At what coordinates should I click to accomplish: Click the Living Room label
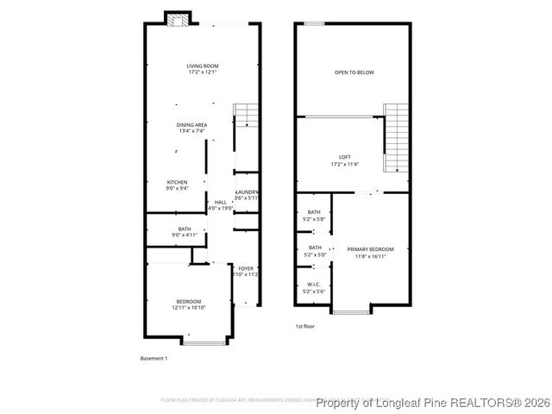[x=204, y=69]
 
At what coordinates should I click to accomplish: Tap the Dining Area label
[x=192, y=128]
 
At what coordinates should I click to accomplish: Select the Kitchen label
[x=177, y=185]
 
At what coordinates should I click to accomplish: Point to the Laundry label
[x=247, y=194]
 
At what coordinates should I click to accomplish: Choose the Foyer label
[x=247, y=271]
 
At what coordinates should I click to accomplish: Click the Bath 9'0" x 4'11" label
[x=185, y=231]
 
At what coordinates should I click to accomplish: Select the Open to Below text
[x=354, y=72]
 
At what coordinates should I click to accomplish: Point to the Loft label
[x=344, y=160]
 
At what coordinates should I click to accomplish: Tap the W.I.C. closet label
[x=313, y=288]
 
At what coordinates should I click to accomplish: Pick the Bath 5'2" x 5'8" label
[x=313, y=216]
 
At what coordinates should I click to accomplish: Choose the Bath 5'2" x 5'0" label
[x=313, y=251]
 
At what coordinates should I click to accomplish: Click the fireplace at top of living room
[x=179, y=21]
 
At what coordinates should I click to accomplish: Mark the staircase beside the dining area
[x=247, y=116]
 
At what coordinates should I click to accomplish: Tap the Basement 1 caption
[x=154, y=358]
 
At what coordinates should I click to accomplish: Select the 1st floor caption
[x=304, y=327]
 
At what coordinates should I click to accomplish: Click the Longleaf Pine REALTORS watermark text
[x=431, y=403]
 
